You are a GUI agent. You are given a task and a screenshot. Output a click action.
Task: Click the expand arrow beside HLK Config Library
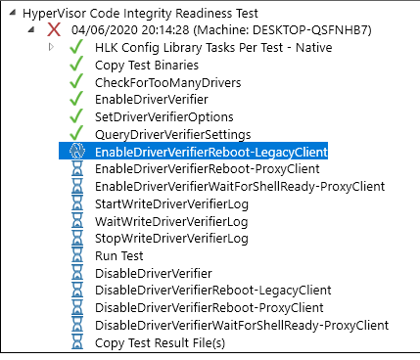pos(51,47)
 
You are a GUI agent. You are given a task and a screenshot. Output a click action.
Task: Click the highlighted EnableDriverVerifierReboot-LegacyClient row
pos(210,152)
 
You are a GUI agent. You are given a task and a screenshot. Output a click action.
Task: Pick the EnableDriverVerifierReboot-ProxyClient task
pos(207,169)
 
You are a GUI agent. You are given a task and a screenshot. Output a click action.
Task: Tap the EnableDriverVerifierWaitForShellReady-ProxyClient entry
pos(240,186)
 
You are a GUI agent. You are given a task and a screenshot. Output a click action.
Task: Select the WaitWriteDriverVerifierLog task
pos(171,221)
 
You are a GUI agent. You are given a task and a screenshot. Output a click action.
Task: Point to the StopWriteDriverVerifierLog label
pos(171,239)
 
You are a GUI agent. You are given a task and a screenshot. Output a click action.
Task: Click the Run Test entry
pos(119,255)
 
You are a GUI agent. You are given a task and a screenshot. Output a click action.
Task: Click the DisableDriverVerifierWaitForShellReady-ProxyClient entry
pos(242,325)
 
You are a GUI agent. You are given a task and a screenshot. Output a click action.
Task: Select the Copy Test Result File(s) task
pos(160,342)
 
